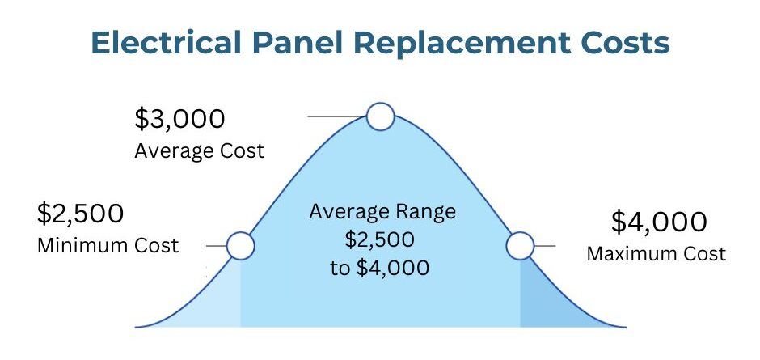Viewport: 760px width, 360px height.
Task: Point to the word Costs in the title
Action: [626, 44]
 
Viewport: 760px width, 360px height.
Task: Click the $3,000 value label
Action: [179, 120]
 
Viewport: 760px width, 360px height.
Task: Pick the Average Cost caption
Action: [200, 151]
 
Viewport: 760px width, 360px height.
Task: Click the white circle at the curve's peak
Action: [381, 116]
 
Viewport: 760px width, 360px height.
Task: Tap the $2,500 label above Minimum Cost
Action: [81, 214]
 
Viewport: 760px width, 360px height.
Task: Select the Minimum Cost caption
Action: [108, 245]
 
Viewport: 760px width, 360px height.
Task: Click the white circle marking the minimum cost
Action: [240, 246]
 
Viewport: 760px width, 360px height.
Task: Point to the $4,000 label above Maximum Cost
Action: [659, 222]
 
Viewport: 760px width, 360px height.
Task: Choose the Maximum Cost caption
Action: [657, 254]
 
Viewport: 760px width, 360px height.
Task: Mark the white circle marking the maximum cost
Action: [520, 246]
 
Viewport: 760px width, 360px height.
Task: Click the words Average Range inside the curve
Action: [382, 212]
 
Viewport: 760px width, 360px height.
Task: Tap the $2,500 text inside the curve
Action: [380, 239]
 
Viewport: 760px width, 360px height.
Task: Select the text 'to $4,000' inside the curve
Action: [380, 268]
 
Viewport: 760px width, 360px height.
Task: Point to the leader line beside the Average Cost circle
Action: [337, 116]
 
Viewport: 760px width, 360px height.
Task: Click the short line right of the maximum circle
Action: [545, 246]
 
